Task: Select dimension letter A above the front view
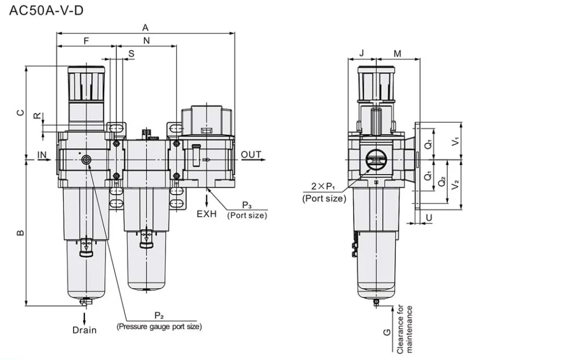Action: click(x=145, y=27)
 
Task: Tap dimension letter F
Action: click(x=87, y=41)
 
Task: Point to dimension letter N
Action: click(x=147, y=41)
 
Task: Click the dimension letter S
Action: click(x=131, y=54)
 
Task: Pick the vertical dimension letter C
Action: click(x=20, y=113)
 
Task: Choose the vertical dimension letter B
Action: click(x=20, y=233)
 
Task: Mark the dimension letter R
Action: click(x=37, y=116)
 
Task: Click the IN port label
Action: click(x=42, y=155)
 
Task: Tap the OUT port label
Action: click(x=251, y=155)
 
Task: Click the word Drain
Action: click(x=84, y=330)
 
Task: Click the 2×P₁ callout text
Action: click(x=324, y=187)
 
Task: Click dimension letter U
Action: click(x=429, y=217)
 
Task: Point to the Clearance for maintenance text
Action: click(x=405, y=329)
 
